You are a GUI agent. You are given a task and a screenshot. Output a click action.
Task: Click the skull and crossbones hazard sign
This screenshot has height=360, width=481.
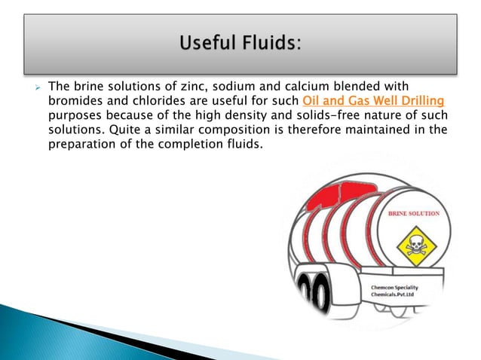tap(414, 245)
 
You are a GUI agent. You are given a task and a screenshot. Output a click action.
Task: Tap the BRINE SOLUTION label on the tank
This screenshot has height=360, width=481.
tap(413, 216)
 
